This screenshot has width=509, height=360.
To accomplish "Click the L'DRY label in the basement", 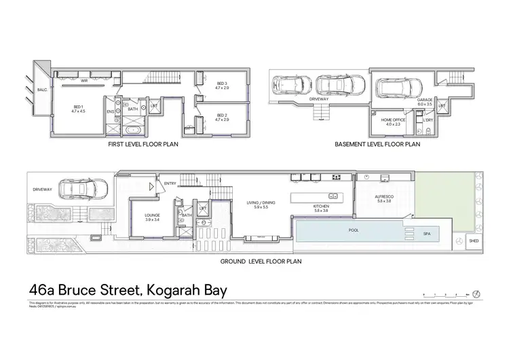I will (428, 121).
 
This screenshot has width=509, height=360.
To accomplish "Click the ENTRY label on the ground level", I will (170, 183).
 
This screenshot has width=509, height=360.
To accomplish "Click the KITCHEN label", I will (321, 208).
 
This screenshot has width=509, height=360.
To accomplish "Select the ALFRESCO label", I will (384, 198).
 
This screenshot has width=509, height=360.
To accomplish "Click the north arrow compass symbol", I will (476, 293).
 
